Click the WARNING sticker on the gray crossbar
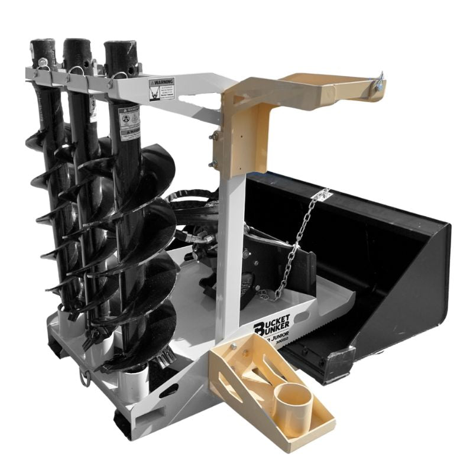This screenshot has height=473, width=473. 161,89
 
